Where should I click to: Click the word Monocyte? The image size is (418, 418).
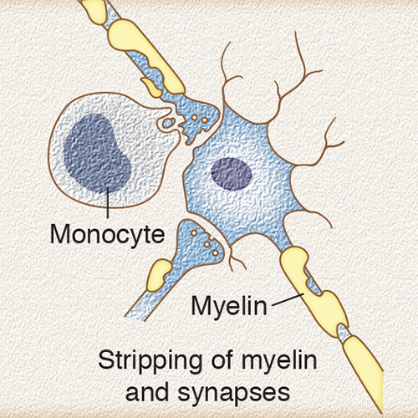tap(108, 235)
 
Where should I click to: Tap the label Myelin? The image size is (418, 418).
tap(229, 306)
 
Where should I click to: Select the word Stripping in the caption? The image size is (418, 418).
tap(150, 361)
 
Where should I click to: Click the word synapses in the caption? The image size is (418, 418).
tap(233, 393)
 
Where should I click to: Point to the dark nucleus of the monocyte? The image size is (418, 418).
tap(97, 154)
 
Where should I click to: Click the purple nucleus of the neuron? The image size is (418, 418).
tap(232, 174)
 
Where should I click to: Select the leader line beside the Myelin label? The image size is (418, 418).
tap(288, 298)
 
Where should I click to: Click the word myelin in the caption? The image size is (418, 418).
tap(279, 361)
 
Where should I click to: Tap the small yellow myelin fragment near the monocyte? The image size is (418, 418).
tap(151, 86)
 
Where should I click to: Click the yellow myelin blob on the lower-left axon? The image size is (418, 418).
tap(158, 274)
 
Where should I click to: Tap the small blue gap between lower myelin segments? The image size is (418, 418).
tap(342, 332)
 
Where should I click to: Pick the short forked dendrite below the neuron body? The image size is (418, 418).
tap(235, 258)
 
